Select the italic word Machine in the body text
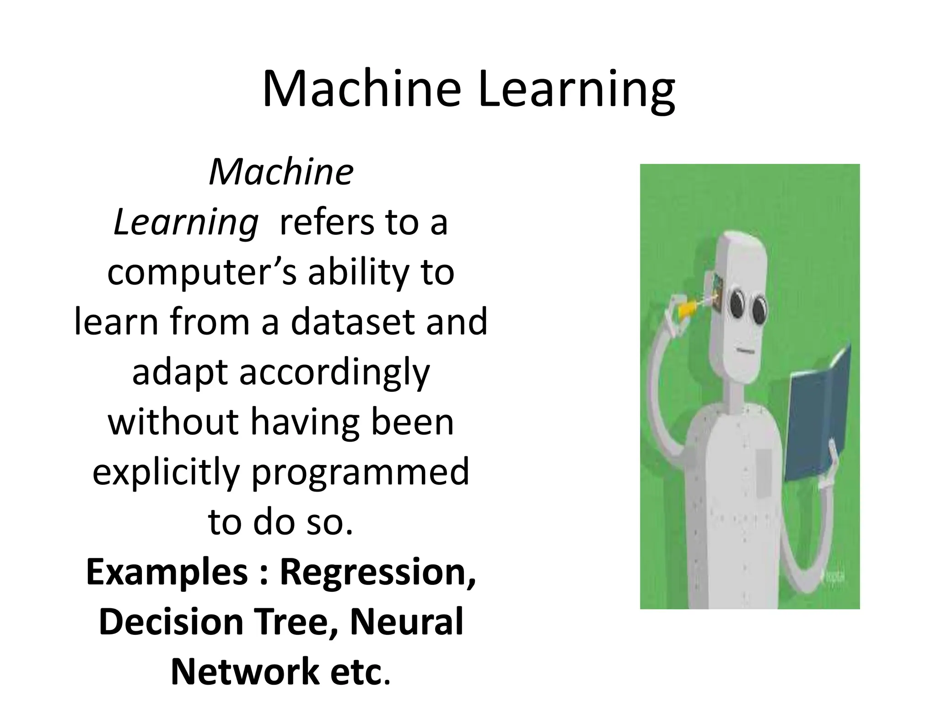click(x=281, y=173)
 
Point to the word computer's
click(x=202, y=273)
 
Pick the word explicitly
click(x=166, y=472)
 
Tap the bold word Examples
click(x=167, y=572)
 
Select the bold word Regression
click(x=377, y=572)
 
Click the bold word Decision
click(x=171, y=622)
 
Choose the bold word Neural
click(x=407, y=622)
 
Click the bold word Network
click(x=245, y=671)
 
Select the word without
click(x=173, y=422)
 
